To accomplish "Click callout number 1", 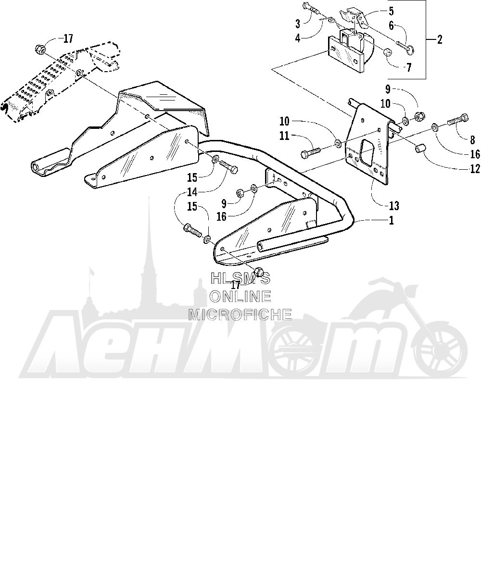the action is pyautogui.click(x=391, y=221).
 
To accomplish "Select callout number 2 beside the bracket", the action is pyautogui.click(x=440, y=39).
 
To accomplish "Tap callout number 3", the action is pyautogui.click(x=297, y=24).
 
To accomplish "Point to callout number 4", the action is pyautogui.click(x=297, y=38).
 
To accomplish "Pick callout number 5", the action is pyautogui.click(x=391, y=11).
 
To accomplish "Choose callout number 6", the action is pyautogui.click(x=391, y=25).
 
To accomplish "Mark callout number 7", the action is pyautogui.click(x=409, y=67).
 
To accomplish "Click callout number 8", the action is pyautogui.click(x=472, y=140).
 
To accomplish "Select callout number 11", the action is pyautogui.click(x=284, y=136).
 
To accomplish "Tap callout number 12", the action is pyautogui.click(x=475, y=169).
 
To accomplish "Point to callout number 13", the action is pyautogui.click(x=394, y=206).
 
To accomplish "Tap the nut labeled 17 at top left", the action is pyautogui.click(x=40, y=50).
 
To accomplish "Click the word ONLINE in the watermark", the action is pyautogui.click(x=240, y=297).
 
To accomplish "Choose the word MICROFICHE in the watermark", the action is pyautogui.click(x=240, y=314).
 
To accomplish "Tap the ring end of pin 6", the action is pyautogui.click(x=410, y=50).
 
